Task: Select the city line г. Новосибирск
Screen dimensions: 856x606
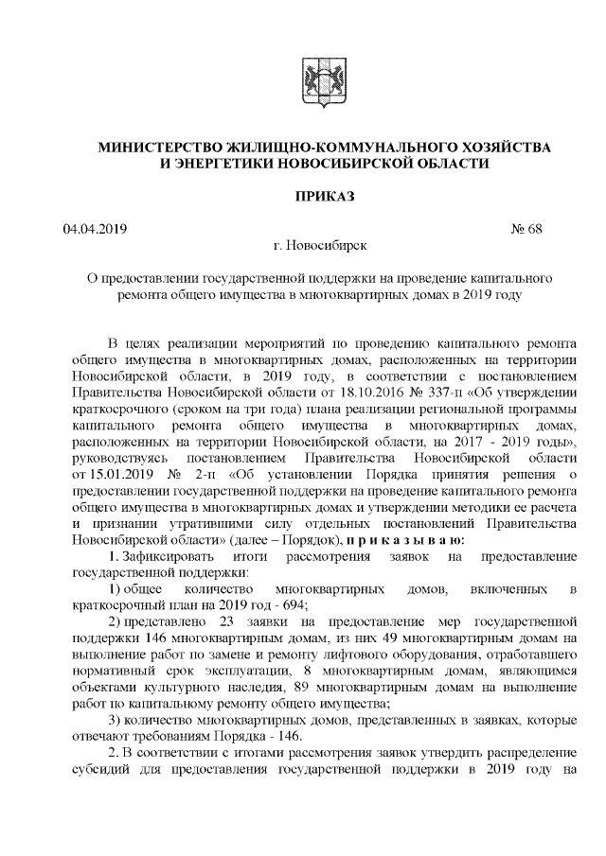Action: tap(312, 246)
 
